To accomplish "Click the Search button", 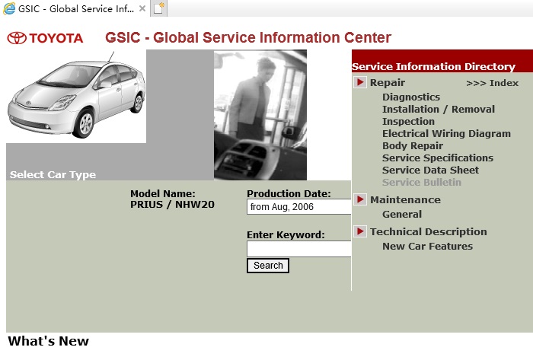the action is coord(268,266).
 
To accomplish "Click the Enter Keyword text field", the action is coord(299,249).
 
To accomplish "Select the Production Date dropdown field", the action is coord(299,207).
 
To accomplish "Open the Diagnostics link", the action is coord(411,97).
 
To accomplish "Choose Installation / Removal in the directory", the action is coord(439,110).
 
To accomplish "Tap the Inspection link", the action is coord(408,122).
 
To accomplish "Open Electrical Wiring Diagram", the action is coord(446,134).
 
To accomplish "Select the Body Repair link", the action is coord(413,146).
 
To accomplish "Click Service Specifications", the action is coord(438,158).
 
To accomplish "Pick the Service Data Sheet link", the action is coord(430,170).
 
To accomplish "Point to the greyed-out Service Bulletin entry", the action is coord(422,183).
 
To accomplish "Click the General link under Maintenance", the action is coord(402,215).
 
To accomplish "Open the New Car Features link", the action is coord(428,247).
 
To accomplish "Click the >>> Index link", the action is coord(492,83).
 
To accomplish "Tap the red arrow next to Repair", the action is coord(360,82).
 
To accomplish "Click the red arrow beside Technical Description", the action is coord(360,231).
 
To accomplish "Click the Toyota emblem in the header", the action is coord(17,38).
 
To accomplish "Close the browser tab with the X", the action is coord(142,8).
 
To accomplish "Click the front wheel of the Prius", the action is coord(85,123).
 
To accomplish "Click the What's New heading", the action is coord(48,341).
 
